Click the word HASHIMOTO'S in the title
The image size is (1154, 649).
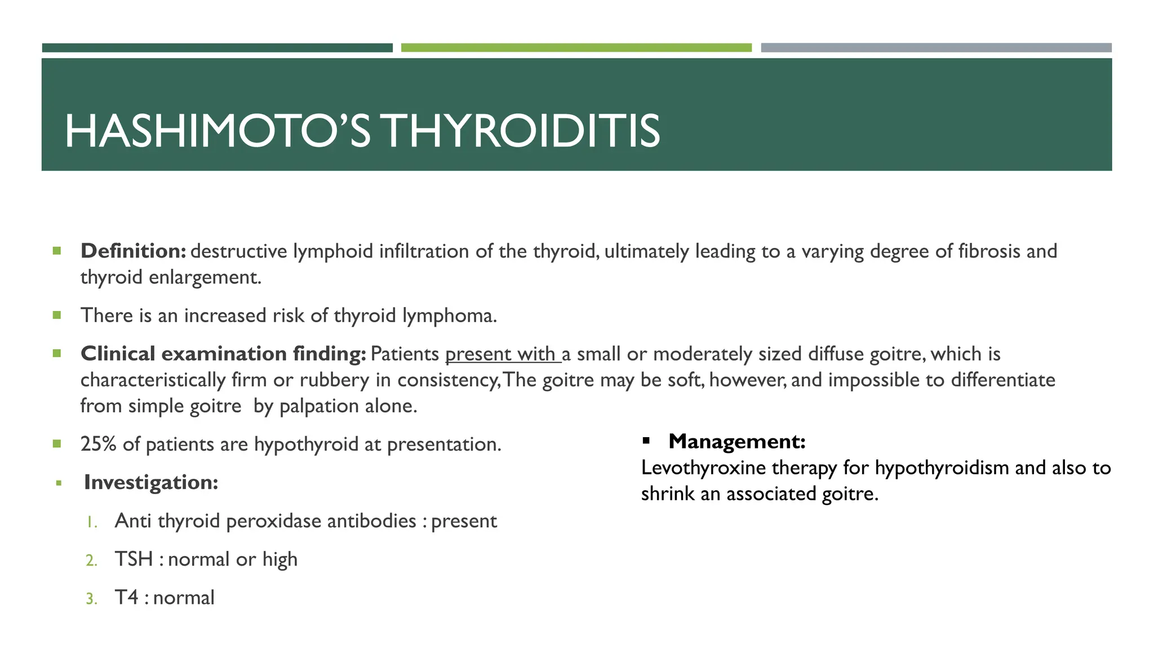tap(218, 131)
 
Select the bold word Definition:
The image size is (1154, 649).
tap(133, 251)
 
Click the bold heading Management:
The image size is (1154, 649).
tap(736, 441)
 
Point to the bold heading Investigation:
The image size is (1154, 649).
tap(150, 482)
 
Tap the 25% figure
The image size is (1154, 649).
tap(98, 444)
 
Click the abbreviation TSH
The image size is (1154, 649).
tap(134, 559)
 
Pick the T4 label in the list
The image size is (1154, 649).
tap(126, 597)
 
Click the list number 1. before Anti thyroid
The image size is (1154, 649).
tap(92, 522)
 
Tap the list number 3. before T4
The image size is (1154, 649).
tap(91, 598)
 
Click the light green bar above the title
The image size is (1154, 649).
tap(576, 48)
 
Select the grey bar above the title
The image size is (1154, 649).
tap(936, 48)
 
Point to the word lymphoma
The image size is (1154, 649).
tap(449, 315)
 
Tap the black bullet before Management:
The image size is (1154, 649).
tap(646, 441)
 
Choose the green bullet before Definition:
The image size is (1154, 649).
tap(56, 251)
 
